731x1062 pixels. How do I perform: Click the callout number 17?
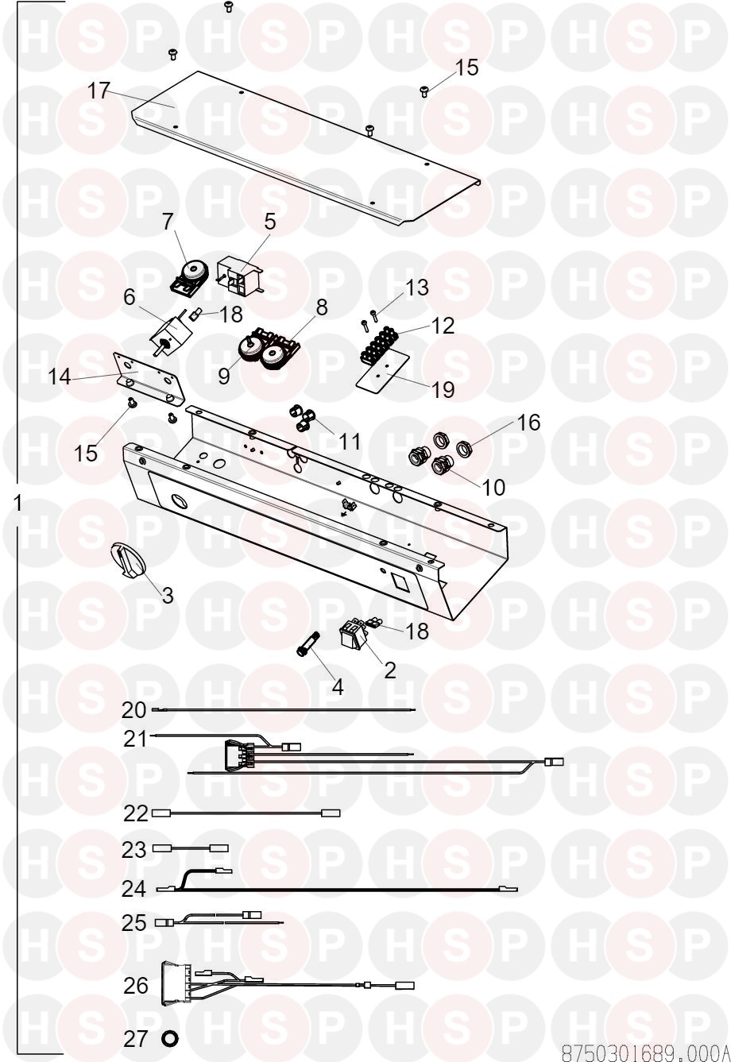point(99,91)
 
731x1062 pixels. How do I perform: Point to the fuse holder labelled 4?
point(307,644)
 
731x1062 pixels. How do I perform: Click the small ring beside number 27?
point(169,1039)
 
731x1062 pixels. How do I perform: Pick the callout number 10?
point(493,487)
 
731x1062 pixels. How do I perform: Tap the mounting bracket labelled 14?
point(149,378)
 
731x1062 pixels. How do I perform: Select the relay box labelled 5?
point(239,276)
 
